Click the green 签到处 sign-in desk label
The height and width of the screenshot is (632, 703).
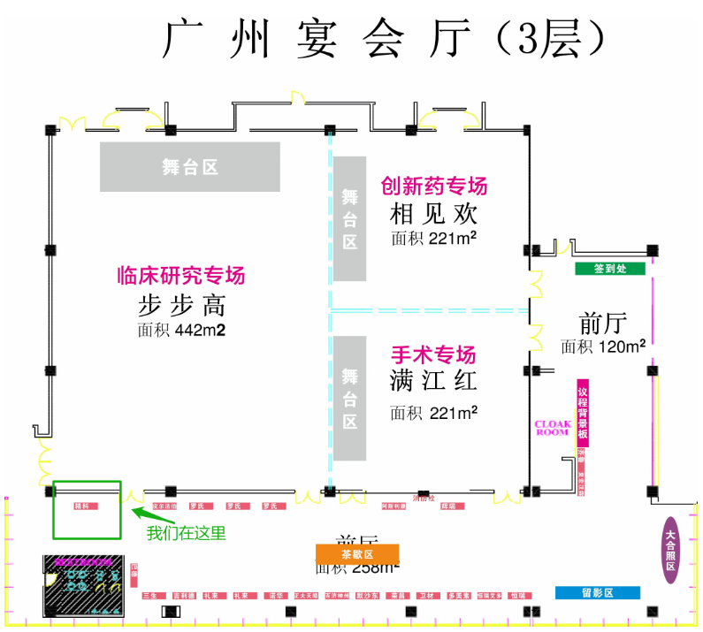pyautogui.click(x=609, y=269)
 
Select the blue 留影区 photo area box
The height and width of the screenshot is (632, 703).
pyautogui.click(x=598, y=592)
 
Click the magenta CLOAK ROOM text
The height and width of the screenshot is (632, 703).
pyautogui.click(x=553, y=428)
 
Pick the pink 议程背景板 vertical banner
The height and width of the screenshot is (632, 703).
pyautogui.click(x=582, y=415)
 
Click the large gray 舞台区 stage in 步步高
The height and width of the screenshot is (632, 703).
pyautogui.click(x=189, y=166)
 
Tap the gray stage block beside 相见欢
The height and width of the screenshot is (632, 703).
pyautogui.click(x=349, y=218)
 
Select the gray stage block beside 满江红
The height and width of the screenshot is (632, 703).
pyautogui.click(x=349, y=398)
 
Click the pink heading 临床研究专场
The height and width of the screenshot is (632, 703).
pyautogui.click(x=181, y=275)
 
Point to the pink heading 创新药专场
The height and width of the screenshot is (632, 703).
pyautogui.click(x=433, y=187)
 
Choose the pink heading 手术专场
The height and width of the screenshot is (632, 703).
pyautogui.click(x=433, y=354)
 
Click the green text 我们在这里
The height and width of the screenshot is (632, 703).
pyautogui.click(x=187, y=533)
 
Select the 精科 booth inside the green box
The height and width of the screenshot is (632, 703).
pyautogui.click(x=85, y=506)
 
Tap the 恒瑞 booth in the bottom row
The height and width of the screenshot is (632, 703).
pyautogui.click(x=516, y=596)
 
